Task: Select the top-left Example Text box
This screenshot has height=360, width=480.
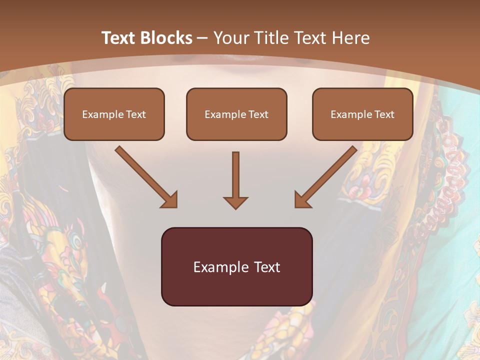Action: [x=114, y=114]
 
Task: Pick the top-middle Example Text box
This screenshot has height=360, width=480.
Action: [x=236, y=114]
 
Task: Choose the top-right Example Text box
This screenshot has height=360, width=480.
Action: [x=362, y=114]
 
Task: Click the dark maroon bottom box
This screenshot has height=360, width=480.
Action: [x=236, y=266]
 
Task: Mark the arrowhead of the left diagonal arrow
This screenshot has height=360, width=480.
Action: [x=170, y=199]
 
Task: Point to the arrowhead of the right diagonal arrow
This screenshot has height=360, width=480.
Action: [x=302, y=199]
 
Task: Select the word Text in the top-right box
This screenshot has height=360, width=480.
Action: [x=384, y=114]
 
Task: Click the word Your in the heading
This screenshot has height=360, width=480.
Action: [x=228, y=38]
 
